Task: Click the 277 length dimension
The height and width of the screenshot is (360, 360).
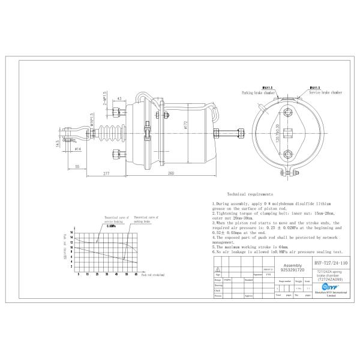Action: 106,173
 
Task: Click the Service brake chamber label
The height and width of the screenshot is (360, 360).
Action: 326,93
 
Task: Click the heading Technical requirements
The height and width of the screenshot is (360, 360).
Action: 251,195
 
